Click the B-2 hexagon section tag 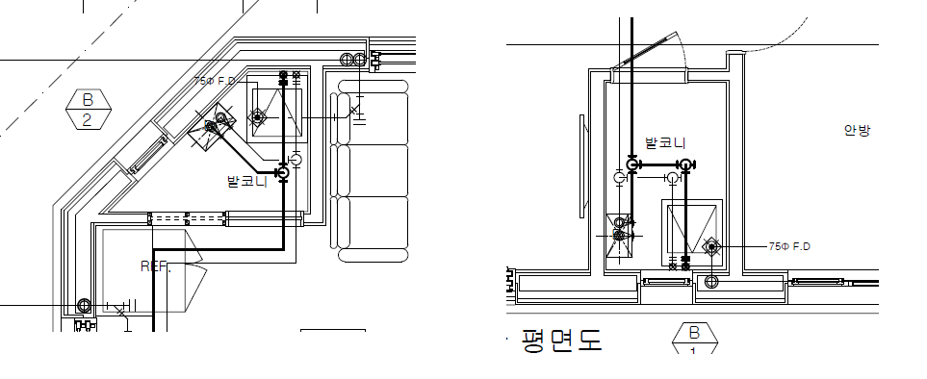coord(88,110)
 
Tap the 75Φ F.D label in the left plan coord(215,81)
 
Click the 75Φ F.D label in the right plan coord(789,246)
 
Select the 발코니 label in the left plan coord(247,181)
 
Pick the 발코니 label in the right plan coord(665,142)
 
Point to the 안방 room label coord(858,130)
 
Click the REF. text coord(156,266)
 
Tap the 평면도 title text coord(561,341)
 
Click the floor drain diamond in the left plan coord(257,117)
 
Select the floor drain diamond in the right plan coord(711,246)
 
